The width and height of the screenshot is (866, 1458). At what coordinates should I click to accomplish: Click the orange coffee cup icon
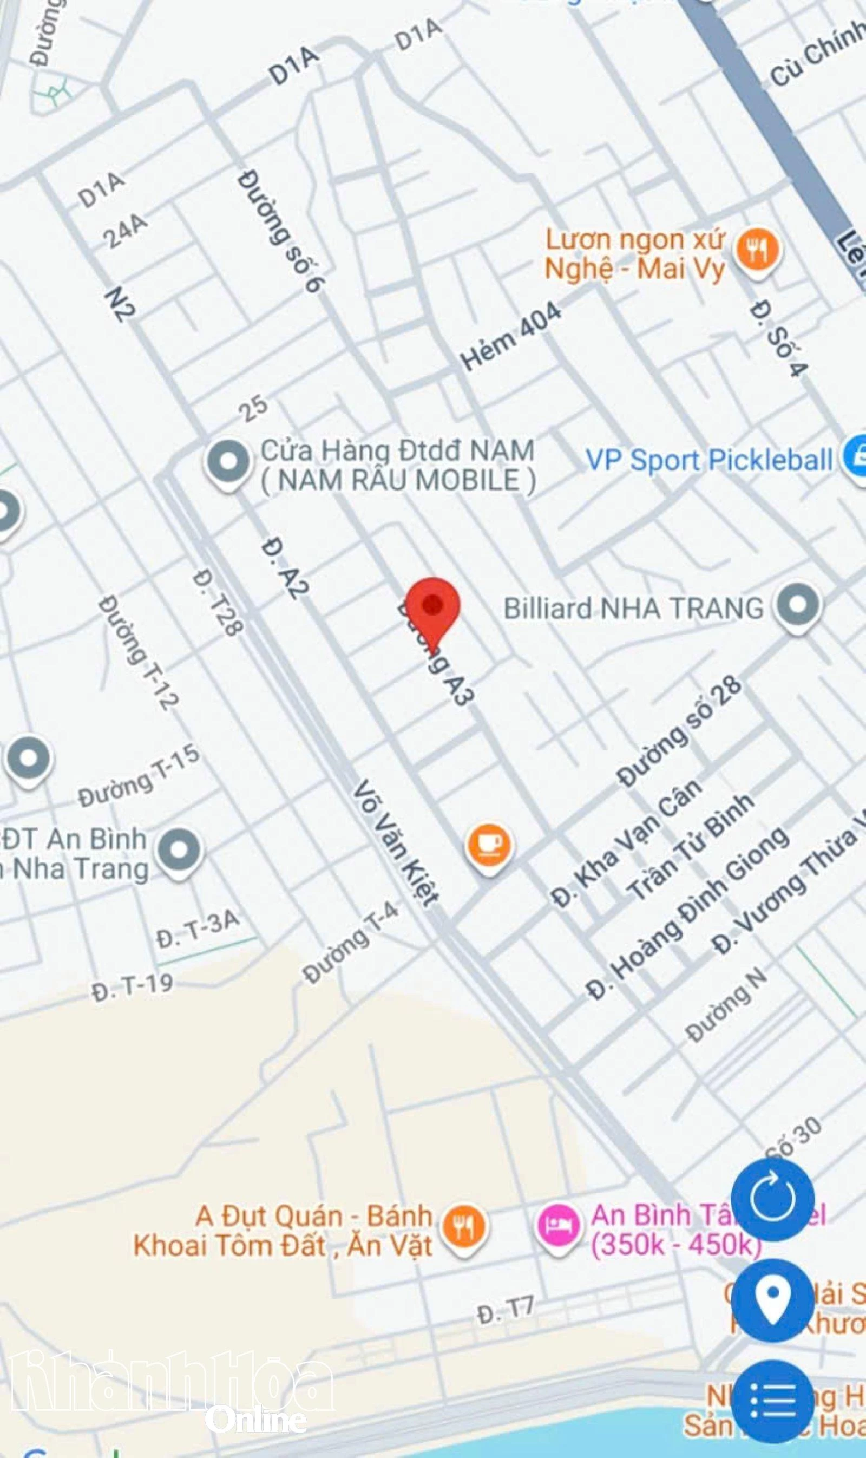tap(490, 844)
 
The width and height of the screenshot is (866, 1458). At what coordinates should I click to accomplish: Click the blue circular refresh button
tap(772, 1199)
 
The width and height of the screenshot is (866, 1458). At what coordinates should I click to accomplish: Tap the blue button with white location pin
tap(772, 1299)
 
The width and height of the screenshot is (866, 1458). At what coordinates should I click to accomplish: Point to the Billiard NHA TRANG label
tap(633, 608)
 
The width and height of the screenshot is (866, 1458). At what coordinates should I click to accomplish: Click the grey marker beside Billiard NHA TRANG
tap(798, 605)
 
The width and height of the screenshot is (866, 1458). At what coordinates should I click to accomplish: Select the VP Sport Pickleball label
tap(709, 460)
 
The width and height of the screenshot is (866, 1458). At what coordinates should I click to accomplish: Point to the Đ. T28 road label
tap(217, 604)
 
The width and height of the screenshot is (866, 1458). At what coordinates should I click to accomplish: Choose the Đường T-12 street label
tap(137, 652)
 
